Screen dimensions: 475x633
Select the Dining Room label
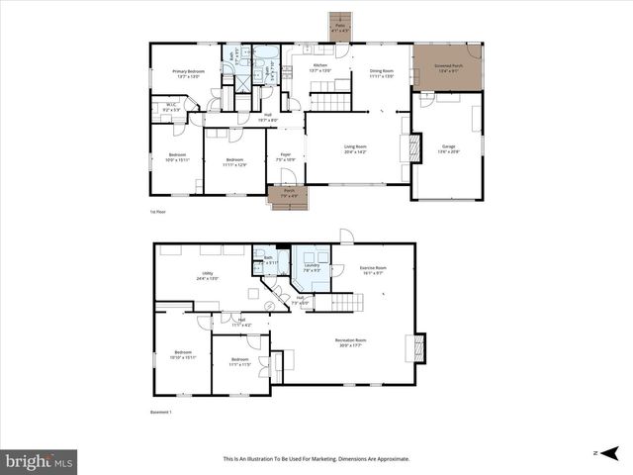click(x=381, y=72)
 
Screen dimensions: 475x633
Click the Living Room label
click(x=355, y=149)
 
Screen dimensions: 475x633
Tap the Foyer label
click(x=285, y=156)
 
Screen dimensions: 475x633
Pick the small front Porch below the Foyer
click(x=289, y=196)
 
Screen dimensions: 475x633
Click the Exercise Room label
click(x=373, y=269)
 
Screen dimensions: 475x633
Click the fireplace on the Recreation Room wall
click(x=418, y=347)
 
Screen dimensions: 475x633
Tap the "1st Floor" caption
click(x=157, y=212)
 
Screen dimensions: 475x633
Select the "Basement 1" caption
click(x=160, y=413)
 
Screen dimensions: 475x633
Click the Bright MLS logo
click(x=39, y=460)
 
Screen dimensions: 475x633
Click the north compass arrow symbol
click(x=611, y=452)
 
